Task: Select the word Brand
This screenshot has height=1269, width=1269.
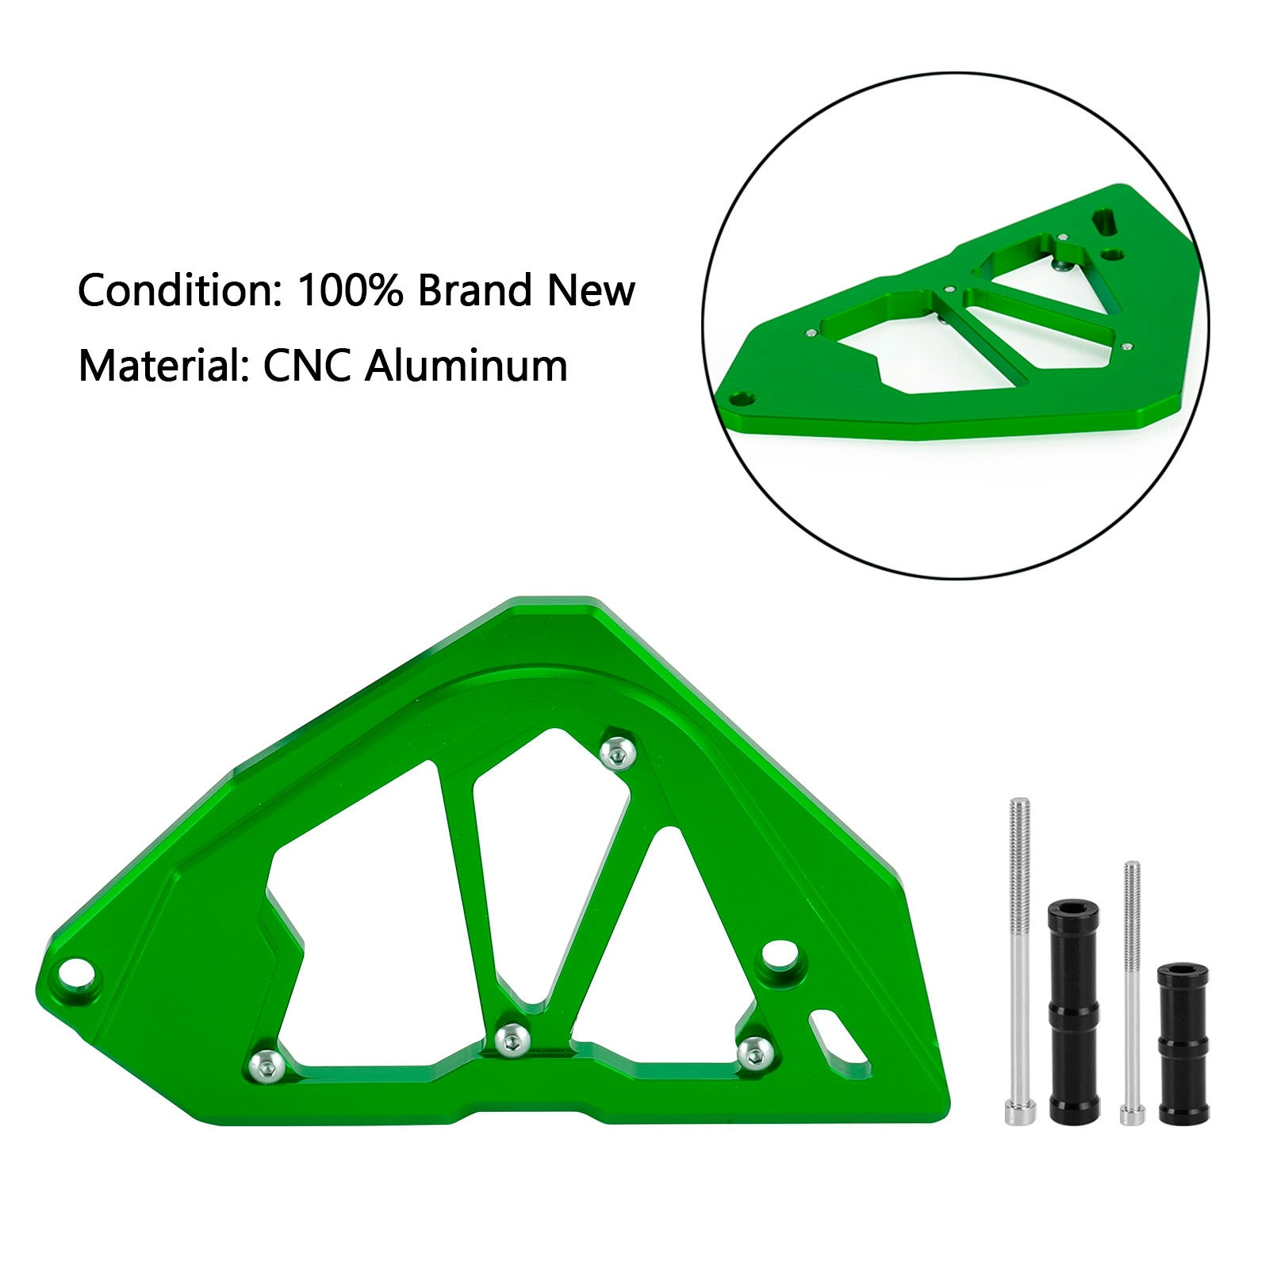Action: click(474, 291)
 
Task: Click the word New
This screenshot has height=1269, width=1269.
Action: click(590, 291)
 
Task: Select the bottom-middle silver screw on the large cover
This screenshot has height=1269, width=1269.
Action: click(512, 1038)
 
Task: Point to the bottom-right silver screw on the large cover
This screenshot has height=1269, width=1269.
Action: click(753, 1052)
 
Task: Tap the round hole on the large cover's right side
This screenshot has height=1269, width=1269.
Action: click(779, 954)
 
